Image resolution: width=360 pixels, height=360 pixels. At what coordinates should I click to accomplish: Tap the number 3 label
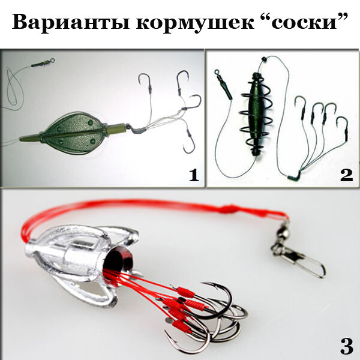click(346, 346)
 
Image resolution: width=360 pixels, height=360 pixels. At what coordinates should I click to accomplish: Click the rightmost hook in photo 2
click(344, 126)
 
